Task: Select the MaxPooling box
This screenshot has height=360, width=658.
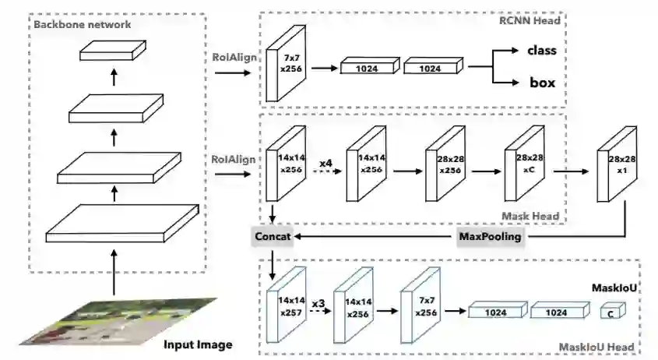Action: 488,236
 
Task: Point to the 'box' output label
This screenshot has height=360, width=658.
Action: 542,82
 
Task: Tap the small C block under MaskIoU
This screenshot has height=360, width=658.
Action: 611,313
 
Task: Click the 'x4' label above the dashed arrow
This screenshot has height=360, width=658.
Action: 326,162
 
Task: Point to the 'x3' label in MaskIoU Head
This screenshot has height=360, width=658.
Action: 317,302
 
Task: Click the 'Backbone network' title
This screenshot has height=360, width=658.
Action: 82,24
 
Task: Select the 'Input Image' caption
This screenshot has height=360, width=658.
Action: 198,344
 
